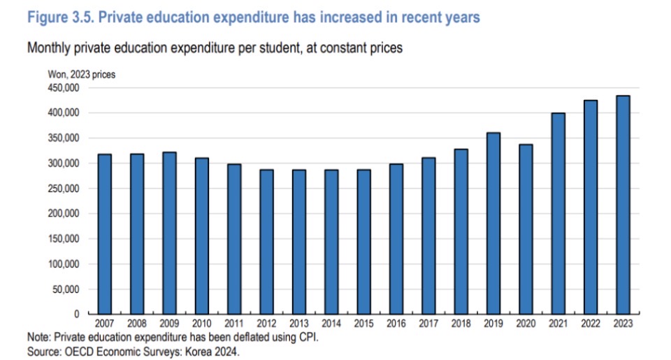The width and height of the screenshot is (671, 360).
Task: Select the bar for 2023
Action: [623, 205]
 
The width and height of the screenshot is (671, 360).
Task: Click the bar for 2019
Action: [493, 223]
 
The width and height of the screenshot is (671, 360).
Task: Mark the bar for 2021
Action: [558, 213]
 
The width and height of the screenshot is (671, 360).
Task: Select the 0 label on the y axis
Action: [78, 315]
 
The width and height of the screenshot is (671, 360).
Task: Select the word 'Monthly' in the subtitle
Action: [49, 49]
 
